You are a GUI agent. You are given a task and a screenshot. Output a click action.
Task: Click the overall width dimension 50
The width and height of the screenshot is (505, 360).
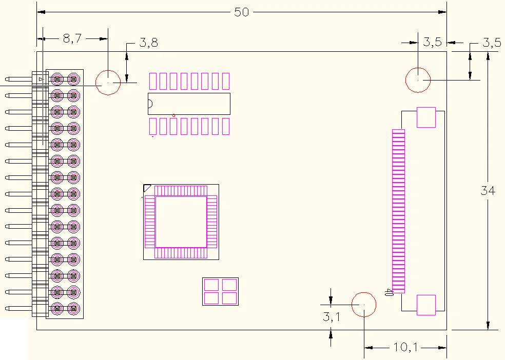click(x=241, y=12)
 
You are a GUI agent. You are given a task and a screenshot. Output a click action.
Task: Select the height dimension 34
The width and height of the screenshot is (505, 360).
click(x=488, y=191)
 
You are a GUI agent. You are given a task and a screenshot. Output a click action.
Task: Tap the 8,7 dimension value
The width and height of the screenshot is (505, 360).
click(x=72, y=39)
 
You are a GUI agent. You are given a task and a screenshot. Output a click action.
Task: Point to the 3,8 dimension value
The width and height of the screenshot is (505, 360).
click(x=148, y=43)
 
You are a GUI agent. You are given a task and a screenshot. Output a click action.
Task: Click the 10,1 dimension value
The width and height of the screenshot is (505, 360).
click(x=406, y=347)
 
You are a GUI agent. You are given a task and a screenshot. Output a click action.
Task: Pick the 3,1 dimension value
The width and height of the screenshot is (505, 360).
click(x=331, y=317)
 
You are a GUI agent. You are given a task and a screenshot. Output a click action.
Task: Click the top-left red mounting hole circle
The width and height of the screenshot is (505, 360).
click(x=108, y=83)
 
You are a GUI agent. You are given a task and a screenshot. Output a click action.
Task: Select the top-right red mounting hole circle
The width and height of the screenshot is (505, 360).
click(x=418, y=81)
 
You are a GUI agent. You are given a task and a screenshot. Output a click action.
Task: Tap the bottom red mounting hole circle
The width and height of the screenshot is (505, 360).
click(x=364, y=305)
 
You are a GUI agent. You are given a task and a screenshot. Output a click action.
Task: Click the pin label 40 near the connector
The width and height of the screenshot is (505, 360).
click(x=389, y=292)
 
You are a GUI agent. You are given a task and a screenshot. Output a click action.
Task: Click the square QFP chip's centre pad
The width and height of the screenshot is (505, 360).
click(x=181, y=222)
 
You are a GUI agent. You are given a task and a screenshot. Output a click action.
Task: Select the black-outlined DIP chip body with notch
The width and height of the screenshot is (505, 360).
click(x=189, y=104)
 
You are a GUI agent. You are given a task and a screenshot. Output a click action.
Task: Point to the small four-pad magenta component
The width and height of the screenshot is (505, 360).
click(x=220, y=291)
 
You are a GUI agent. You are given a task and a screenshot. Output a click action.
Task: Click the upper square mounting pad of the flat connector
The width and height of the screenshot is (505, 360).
click(x=426, y=117)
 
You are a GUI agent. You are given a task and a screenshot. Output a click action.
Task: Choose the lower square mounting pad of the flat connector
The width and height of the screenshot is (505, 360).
click(x=426, y=305)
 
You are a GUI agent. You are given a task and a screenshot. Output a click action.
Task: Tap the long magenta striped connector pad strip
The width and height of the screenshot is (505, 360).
click(x=398, y=211)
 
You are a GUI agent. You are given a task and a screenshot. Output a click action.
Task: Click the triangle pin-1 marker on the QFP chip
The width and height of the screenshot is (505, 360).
click(x=147, y=188)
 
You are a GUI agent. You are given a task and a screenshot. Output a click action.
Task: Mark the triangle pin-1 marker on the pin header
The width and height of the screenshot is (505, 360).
click(x=41, y=79)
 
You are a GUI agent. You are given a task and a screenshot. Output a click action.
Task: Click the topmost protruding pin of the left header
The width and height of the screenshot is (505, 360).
click(x=18, y=79)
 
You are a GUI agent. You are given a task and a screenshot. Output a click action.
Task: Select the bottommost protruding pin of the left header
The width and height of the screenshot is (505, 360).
click(x=18, y=309)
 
